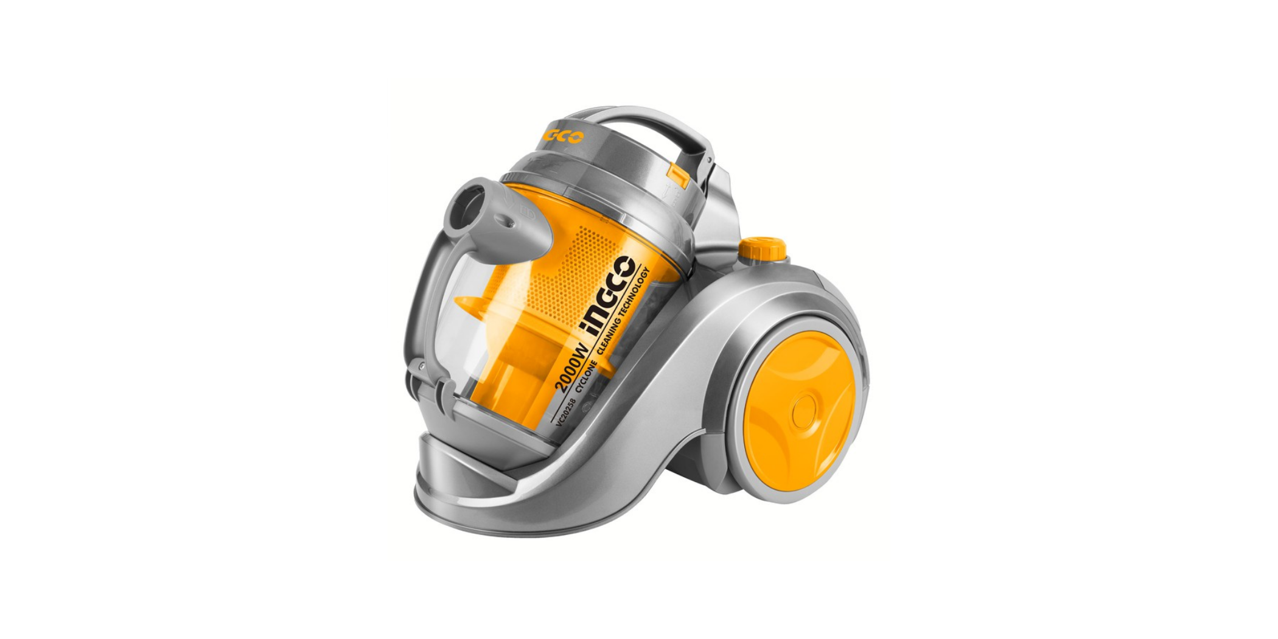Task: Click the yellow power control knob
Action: tap(762, 248)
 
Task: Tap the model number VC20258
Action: tap(566, 414)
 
